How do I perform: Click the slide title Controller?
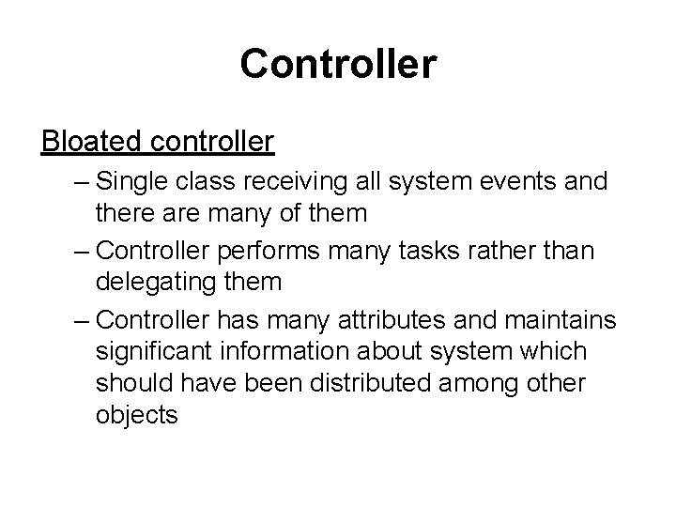tap(338, 64)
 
